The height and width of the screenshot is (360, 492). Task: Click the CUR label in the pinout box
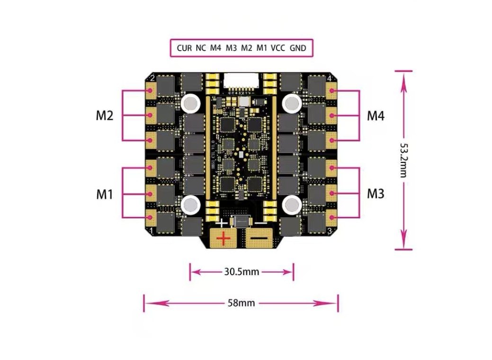[184, 48]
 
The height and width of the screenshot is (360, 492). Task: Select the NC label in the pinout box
[201, 48]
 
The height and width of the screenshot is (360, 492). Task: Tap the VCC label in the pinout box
[278, 48]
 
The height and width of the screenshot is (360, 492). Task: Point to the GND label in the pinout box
[298, 48]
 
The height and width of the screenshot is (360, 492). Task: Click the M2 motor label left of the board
[104, 116]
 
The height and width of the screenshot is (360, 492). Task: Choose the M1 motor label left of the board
[104, 194]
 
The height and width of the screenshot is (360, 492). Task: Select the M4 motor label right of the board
[376, 116]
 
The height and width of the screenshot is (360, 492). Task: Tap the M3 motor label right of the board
[376, 194]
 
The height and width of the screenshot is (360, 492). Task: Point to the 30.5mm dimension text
[241, 272]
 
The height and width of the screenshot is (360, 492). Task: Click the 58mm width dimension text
[241, 303]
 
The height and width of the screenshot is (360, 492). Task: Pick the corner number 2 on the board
[152, 78]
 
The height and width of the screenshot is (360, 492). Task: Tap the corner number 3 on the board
[329, 231]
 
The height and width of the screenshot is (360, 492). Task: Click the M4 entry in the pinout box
[216, 48]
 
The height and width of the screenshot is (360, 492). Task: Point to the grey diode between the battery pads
[242, 222]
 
